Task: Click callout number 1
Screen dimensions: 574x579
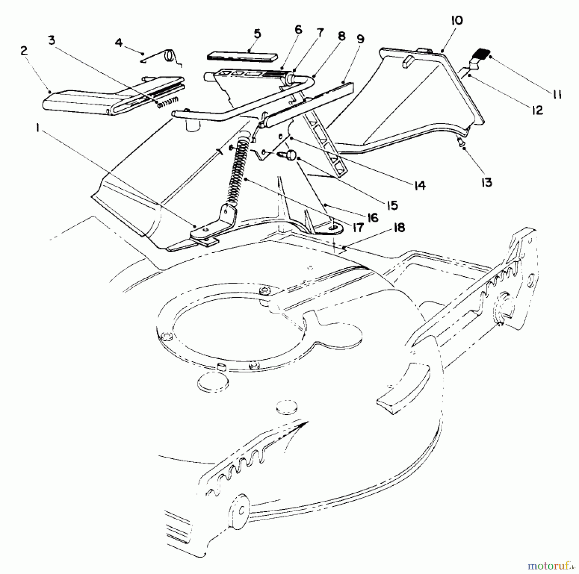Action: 38,129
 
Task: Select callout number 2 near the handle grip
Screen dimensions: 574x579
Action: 24,51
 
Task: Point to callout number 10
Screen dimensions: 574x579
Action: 457,21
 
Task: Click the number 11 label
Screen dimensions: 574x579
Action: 557,94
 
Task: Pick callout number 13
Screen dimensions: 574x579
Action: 487,183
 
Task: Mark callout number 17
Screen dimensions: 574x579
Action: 358,228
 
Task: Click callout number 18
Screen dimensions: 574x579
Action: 399,228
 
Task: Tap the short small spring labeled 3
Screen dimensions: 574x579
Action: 167,102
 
